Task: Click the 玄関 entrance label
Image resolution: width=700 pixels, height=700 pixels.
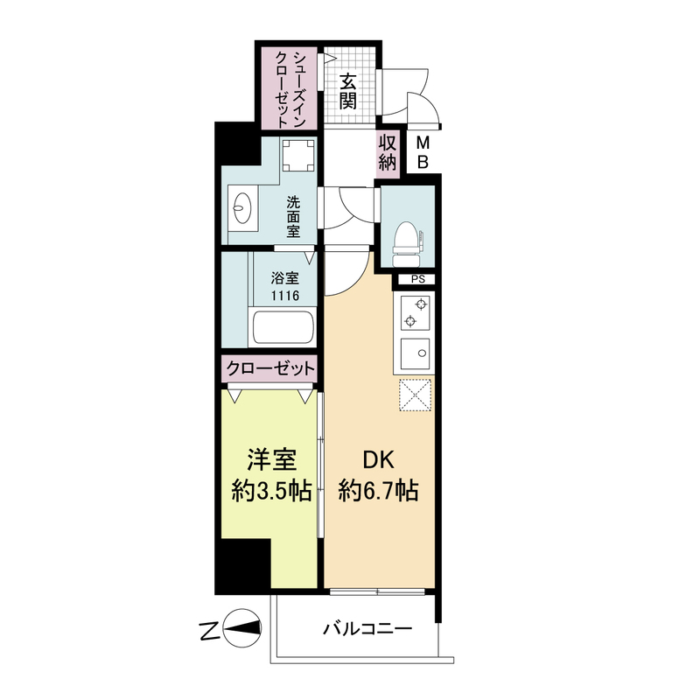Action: (x=347, y=90)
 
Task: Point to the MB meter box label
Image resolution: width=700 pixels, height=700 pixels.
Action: (x=422, y=152)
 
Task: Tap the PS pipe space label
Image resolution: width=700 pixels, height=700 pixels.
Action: (x=416, y=280)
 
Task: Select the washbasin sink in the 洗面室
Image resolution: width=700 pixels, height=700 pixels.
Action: (x=243, y=209)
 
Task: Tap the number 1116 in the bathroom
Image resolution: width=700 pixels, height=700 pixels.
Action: (x=285, y=297)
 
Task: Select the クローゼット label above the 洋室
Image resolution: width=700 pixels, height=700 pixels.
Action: (x=269, y=368)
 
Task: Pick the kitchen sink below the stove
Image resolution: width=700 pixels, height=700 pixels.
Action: (x=415, y=353)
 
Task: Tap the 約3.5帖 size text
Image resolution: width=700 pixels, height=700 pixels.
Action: (x=269, y=491)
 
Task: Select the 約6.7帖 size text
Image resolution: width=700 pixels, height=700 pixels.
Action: (x=379, y=491)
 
